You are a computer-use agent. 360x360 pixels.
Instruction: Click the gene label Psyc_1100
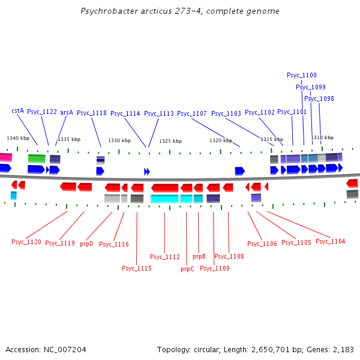pos(301,75)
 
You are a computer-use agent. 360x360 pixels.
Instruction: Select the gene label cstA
pos(17,110)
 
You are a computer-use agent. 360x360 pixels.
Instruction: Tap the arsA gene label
pos(67,112)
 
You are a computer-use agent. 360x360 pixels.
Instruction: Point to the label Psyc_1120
pos(26,242)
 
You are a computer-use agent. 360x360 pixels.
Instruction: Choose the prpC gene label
pos(187,269)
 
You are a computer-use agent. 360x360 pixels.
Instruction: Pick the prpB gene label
pos(199,256)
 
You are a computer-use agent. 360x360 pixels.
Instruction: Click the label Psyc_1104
pos(331,241)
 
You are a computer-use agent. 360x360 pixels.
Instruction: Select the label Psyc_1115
pos(137,268)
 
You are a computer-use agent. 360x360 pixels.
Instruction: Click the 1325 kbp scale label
pos(170,141)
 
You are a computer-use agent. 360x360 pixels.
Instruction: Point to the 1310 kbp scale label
pos(322,137)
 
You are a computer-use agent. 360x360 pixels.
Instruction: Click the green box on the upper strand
pos(37,158)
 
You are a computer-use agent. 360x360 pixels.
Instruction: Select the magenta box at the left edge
pos(5,157)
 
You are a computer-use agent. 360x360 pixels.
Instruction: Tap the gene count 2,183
pos(343,349)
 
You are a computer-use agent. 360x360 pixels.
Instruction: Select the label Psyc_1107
pos(192,113)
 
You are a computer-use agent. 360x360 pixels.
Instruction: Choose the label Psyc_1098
pos(319,98)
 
